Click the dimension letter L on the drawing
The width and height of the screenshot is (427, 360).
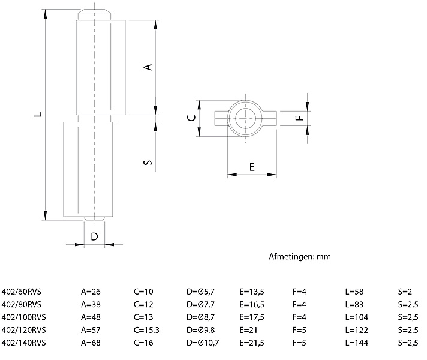(x=37, y=114)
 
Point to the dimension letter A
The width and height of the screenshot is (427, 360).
(x=148, y=67)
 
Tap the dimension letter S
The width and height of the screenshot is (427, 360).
(x=148, y=162)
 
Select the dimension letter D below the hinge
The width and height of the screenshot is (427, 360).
(x=94, y=236)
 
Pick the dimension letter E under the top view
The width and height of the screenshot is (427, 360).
(x=252, y=167)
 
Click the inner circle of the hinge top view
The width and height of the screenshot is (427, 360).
(x=246, y=118)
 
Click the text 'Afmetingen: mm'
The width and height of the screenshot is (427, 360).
(x=300, y=257)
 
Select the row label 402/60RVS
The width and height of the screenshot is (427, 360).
(x=22, y=292)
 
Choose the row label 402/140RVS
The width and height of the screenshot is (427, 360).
(x=24, y=342)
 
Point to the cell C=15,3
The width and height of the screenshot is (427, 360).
(x=149, y=329)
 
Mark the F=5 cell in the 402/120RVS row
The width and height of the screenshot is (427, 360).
(x=299, y=329)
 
